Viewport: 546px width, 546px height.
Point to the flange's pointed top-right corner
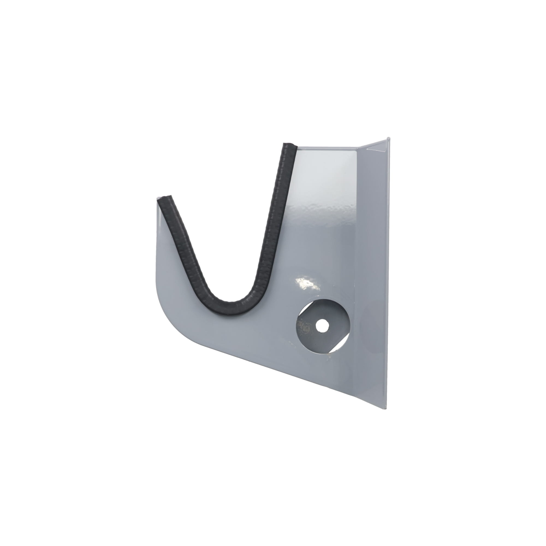390,138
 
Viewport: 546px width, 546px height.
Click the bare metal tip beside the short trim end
158,198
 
